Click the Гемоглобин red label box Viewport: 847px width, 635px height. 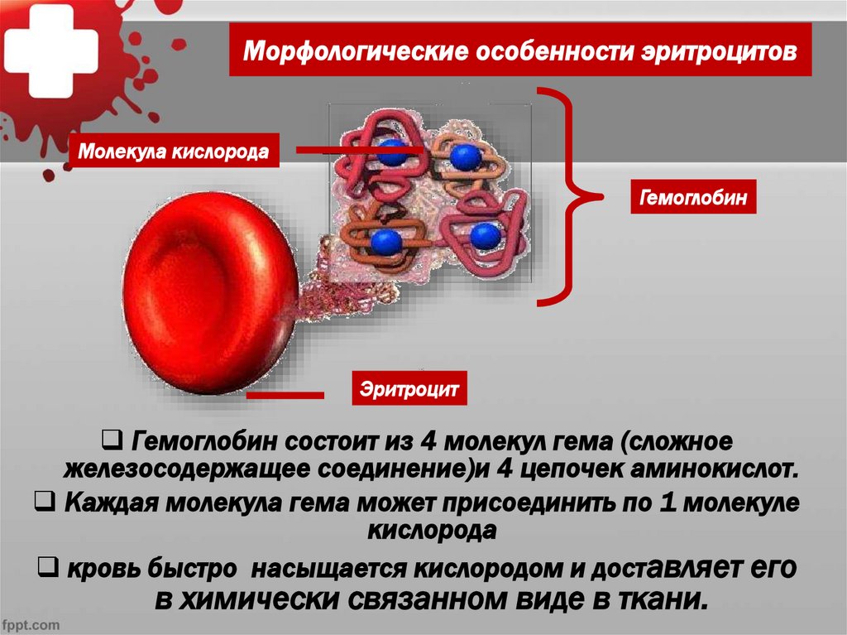pos(692,199)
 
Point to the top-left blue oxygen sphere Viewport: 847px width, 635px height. pos(393,152)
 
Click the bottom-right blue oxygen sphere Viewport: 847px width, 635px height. pos(485,237)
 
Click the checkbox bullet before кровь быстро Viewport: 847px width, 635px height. pos(48,566)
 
